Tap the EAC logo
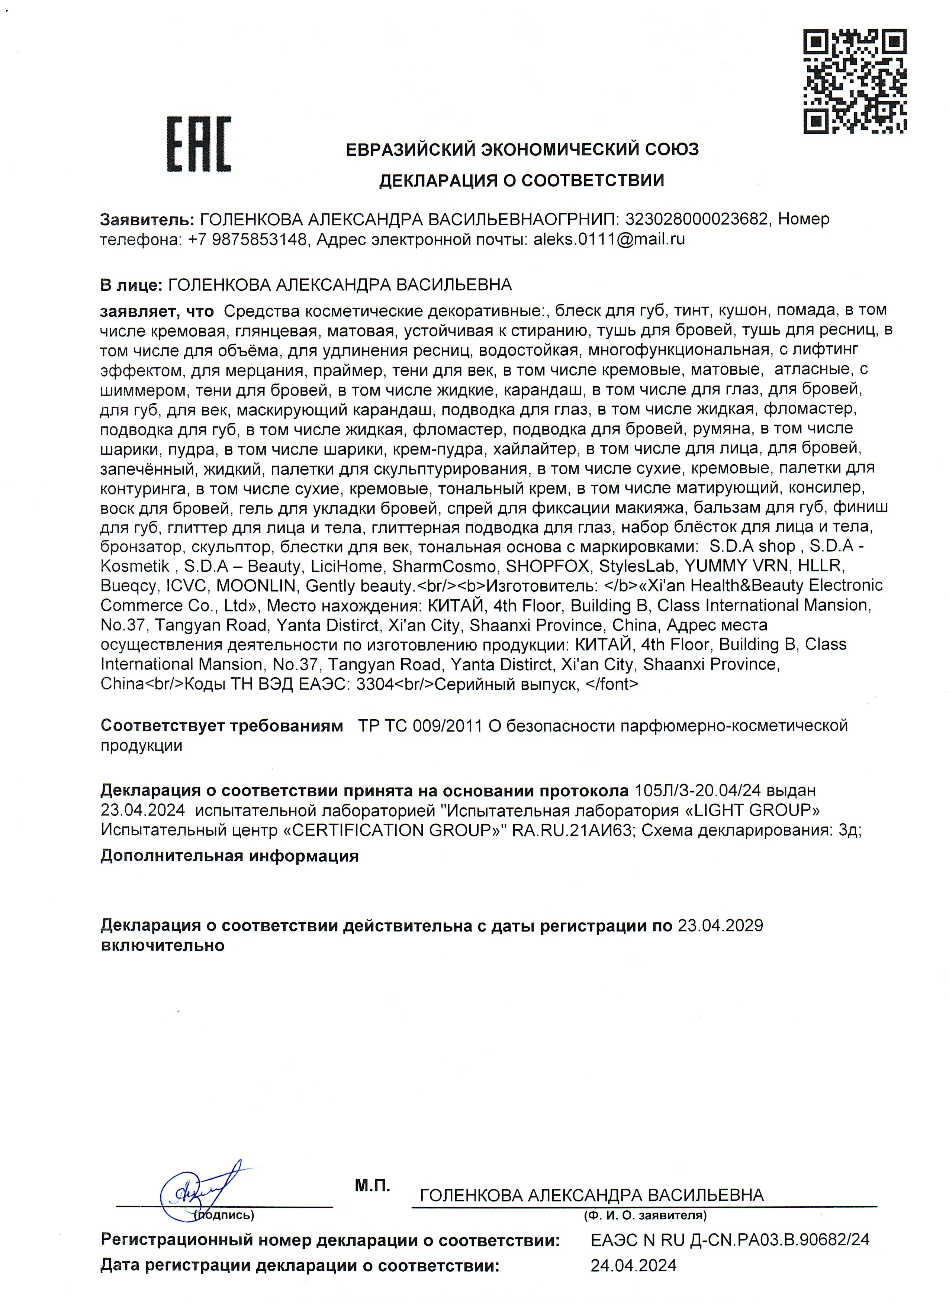click(x=199, y=144)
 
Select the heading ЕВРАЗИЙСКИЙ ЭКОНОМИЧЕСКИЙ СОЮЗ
click(x=522, y=150)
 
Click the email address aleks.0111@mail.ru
click(x=609, y=239)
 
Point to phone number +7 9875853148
click(x=247, y=239)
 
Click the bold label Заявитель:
click(x=147, y=219)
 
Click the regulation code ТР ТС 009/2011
click(x=420, y=726)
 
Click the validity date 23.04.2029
click(x=720, y=926)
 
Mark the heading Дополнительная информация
click(x=229, y=856)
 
